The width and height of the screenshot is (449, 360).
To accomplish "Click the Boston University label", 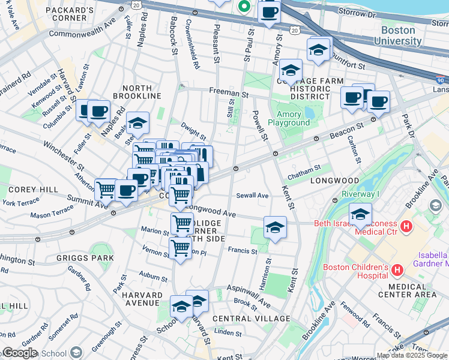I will coord(397,35).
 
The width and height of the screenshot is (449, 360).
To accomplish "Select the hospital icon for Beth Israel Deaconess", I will coord(406,227).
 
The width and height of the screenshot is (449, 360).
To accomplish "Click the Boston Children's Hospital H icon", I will coord(396,271).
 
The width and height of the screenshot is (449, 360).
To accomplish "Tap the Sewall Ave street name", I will coord(252,195).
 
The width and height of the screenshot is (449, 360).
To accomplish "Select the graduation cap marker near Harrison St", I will coord(275,227).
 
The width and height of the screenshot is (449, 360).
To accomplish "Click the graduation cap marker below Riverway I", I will coord(360,214).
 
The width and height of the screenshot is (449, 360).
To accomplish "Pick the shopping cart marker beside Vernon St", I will coord(181,247).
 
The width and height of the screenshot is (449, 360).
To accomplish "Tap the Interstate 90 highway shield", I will coord(440,79).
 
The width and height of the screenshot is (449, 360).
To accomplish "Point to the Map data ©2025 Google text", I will coord(412,355).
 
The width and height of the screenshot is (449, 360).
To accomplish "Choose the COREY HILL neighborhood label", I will coord(25,189).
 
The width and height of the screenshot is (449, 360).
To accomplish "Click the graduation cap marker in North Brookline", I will coord(137,124).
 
